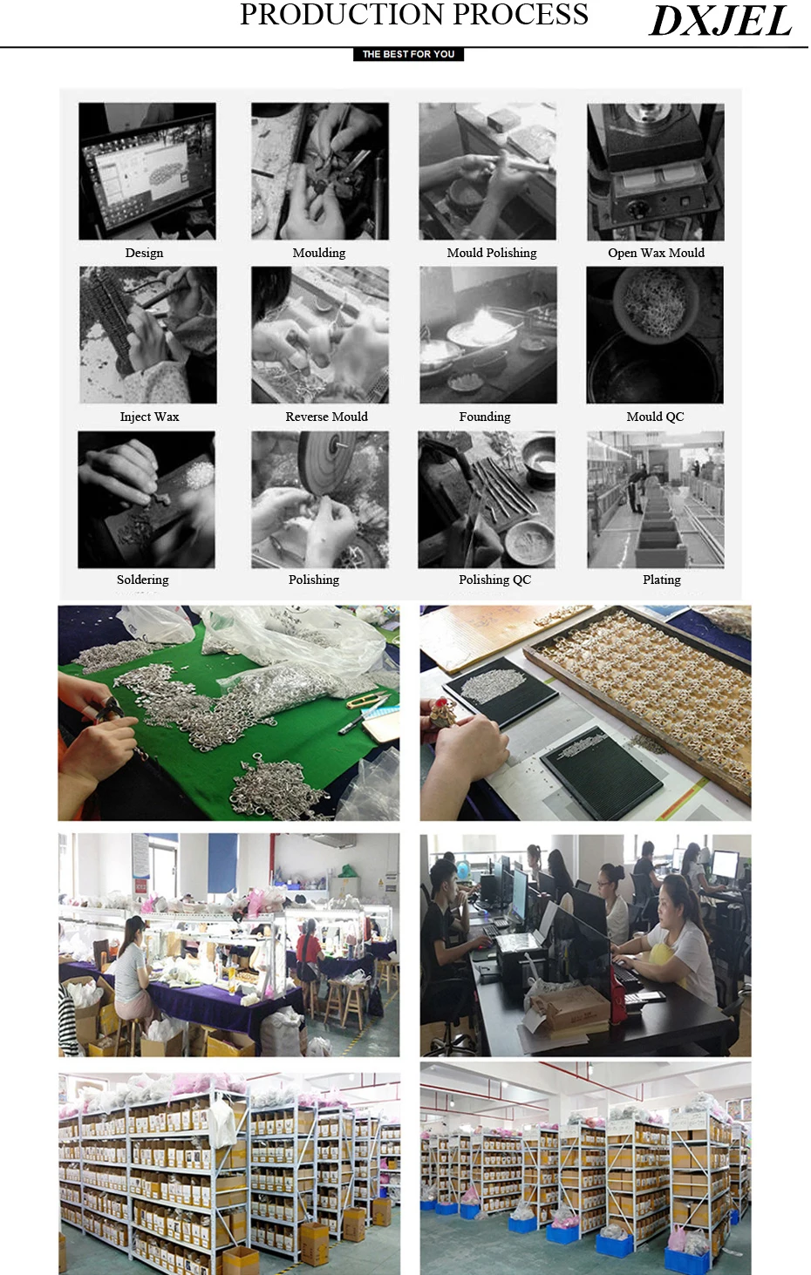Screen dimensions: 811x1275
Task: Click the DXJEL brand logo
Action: click(720, 21)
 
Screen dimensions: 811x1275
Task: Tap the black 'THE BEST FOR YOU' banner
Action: click(408, 54)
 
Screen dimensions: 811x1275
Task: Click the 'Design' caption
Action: click(144, 253)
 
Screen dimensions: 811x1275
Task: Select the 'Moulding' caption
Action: click(319, 253)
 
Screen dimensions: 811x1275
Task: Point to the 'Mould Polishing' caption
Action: click(492, 253)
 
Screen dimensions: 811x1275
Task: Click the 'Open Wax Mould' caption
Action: click(656, 253)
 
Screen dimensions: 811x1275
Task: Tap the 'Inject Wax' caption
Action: click(149, 417)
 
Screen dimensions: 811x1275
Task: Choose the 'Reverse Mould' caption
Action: click(326, 417)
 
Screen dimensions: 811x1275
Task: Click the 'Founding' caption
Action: click(485, 417)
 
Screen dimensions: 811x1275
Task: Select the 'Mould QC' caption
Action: click(655, 417)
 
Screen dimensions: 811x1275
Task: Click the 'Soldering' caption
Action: click(142, 580)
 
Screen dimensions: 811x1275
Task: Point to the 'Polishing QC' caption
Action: click(494, 580)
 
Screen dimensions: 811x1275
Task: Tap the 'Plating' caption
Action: click(662, 580)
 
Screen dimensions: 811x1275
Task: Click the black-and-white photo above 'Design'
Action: click(147, 172)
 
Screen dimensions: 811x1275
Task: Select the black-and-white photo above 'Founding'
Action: click(488, 335)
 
